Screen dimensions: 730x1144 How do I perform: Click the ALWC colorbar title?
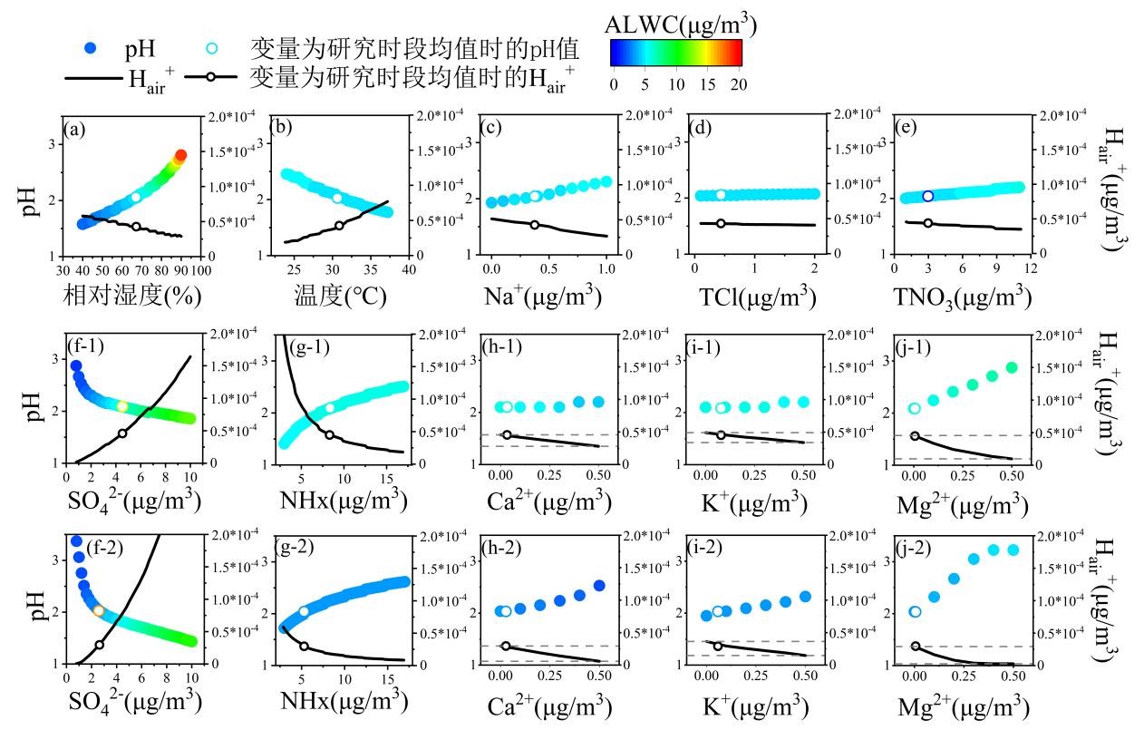[677, 23]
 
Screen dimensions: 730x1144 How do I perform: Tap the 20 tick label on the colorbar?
[737, 84]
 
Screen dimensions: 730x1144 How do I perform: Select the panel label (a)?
[74, 128]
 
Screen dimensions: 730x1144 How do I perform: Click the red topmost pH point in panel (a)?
[180, 156]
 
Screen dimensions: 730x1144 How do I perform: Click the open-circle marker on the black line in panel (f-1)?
[122, 433]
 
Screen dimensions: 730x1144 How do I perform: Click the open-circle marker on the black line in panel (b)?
[339, 226]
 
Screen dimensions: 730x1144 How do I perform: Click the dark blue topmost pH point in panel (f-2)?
[76, 541]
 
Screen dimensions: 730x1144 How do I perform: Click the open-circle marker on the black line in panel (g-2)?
[304, 647]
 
